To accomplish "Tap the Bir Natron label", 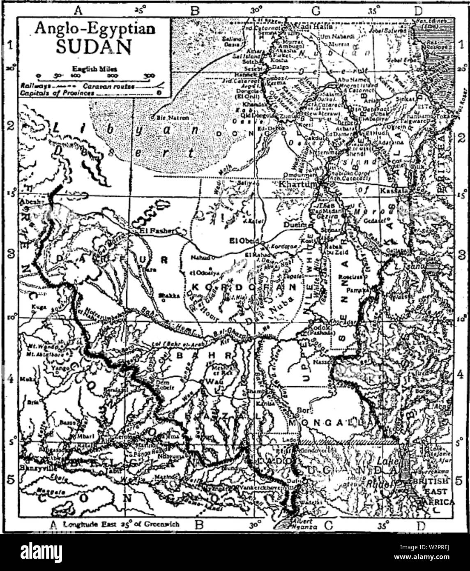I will pos(173,118).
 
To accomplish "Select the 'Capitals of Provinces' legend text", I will pos(58,93).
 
